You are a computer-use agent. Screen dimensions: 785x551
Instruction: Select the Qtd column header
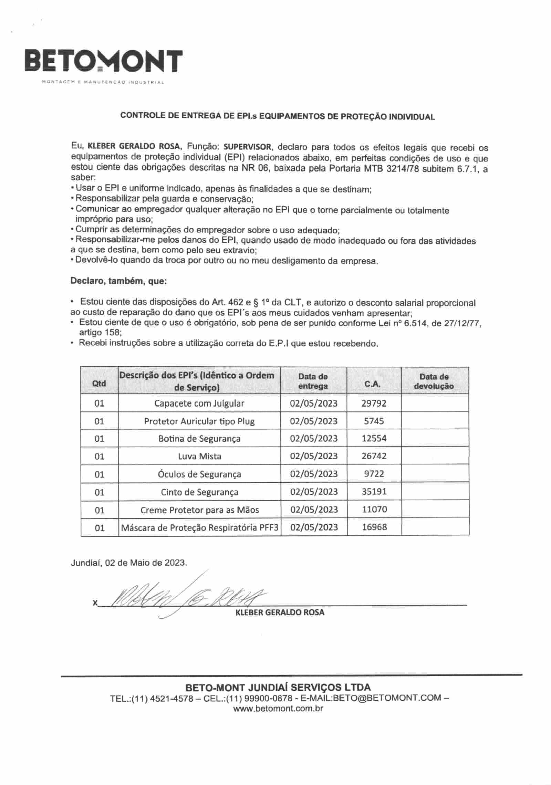[x=99, y=383]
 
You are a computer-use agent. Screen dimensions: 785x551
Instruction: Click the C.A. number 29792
[x=374, y=403]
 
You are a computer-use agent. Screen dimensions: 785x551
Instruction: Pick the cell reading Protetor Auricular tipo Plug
[x=199, y=421]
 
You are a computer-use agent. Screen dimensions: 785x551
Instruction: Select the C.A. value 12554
[x=374, y=438]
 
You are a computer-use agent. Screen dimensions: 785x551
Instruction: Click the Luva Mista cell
[x=199, y=456]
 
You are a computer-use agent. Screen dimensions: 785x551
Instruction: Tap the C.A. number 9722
[x=374, y=474]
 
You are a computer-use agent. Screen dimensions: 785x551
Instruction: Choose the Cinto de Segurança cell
[x=199, y=492]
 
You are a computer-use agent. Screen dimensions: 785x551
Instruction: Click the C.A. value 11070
[x=374, y=510]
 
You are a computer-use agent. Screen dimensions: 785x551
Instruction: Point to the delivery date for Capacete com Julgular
[x=313, y=403]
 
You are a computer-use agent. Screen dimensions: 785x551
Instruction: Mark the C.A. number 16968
[x=374, y=527]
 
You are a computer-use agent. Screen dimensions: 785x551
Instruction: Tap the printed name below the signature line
[x=280, y=613]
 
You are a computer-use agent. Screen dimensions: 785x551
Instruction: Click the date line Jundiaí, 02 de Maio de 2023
[x=129, y=563]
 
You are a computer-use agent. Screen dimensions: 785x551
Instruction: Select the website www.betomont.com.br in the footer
[x=278, y=709]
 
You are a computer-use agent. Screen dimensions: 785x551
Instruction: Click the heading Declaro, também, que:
[x=118, y=281]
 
